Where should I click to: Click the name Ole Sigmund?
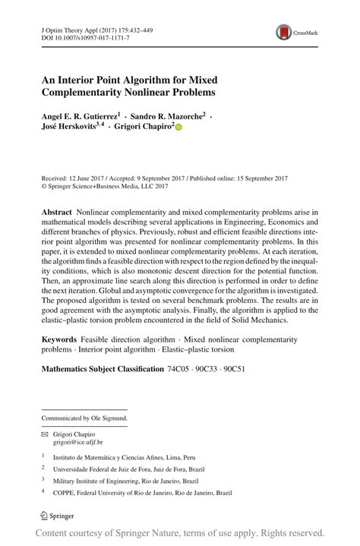109,418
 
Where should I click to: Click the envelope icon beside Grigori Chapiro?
43,433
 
